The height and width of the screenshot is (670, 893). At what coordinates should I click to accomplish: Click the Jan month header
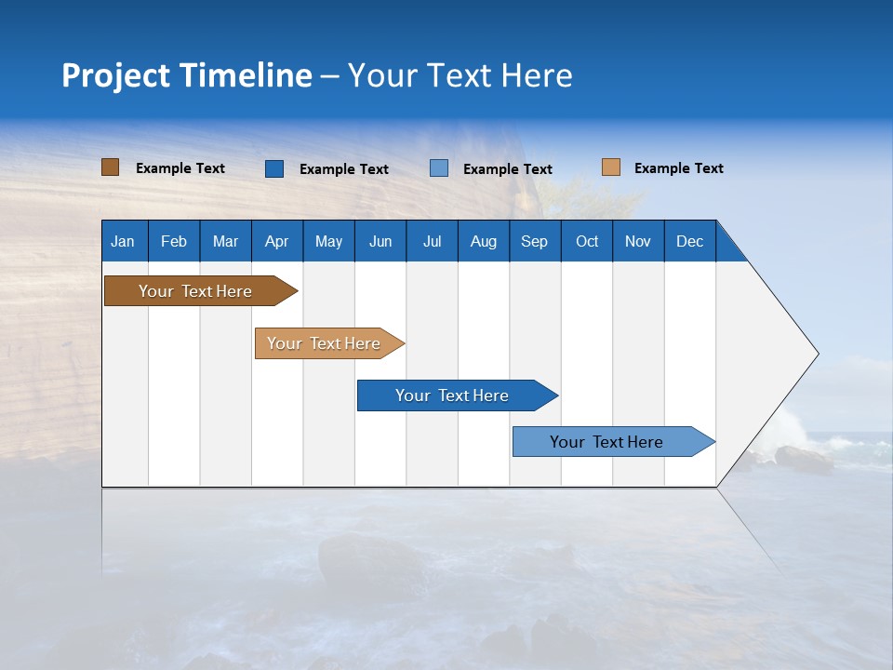124,241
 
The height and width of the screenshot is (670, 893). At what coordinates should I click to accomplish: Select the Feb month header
174,241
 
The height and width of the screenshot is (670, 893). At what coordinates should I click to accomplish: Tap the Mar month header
225,241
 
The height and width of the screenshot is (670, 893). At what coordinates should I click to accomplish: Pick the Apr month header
277,241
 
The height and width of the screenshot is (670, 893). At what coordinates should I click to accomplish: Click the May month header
328,241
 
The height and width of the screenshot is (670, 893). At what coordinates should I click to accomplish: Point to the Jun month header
380,241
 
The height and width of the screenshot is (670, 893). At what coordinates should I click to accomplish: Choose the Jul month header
432,241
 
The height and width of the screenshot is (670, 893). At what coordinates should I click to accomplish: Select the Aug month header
484,241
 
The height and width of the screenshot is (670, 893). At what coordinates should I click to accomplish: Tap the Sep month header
535,241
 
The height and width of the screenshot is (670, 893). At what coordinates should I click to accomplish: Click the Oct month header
587,241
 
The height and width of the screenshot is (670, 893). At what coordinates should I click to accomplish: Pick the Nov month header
638,241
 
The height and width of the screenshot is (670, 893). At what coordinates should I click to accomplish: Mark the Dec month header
690,241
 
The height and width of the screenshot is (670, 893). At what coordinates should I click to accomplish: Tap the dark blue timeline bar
453,395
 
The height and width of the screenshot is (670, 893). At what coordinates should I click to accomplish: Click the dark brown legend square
111,167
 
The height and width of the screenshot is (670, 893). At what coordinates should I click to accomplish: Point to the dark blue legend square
274,168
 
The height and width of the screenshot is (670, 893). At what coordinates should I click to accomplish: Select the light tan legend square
611,167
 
